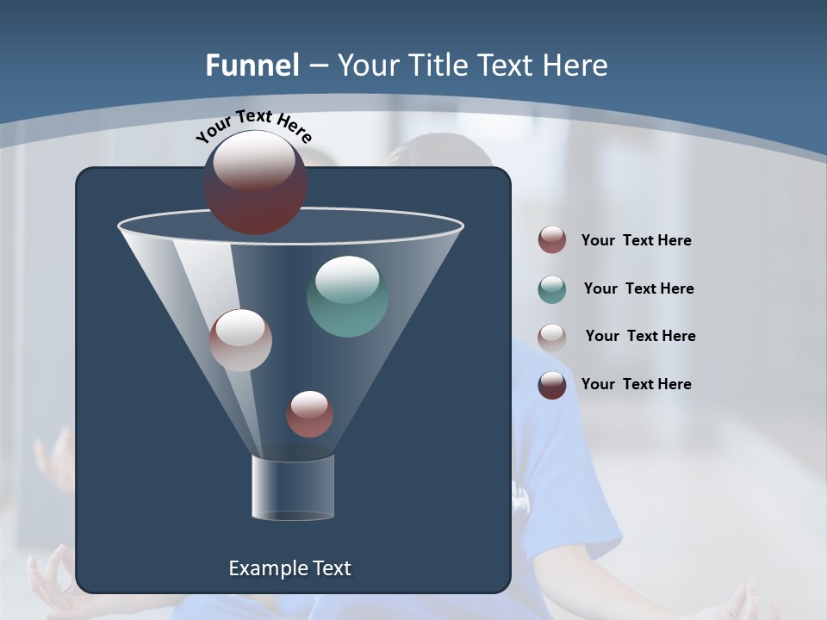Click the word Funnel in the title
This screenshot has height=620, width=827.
click(252, 65)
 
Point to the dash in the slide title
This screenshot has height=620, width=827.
click(318, 66)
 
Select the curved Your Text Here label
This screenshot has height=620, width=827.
click(253, 126)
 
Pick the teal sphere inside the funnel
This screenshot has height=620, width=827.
click(347, 296)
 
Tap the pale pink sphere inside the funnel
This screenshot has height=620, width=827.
click(240, 340)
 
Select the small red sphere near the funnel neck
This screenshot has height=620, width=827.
click(309, 414)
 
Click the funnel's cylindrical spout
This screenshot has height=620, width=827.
click(292, 487)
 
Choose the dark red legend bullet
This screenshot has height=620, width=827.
click(552, 240)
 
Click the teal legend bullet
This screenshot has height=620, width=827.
click(552, 289)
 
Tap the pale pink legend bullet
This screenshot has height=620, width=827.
click(552, 337)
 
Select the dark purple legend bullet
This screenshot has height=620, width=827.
click(552, 385)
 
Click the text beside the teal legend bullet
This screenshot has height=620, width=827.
click(638, 288)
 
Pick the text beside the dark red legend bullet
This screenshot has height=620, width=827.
click(636, 240)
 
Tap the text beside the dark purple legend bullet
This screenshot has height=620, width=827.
click(636, 384)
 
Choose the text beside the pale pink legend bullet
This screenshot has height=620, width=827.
click(640, 336)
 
